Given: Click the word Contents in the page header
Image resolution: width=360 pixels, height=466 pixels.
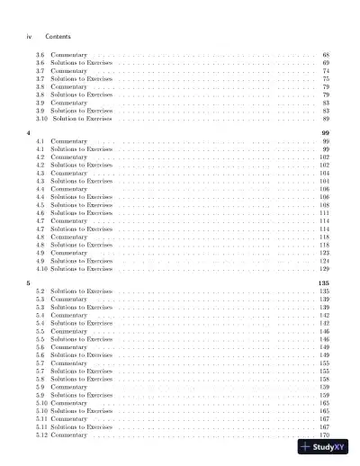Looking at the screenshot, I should coord(58,36).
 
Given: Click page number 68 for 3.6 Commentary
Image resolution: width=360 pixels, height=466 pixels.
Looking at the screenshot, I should coord(325,54).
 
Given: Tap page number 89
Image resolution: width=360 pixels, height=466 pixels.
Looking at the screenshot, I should coord(325,118).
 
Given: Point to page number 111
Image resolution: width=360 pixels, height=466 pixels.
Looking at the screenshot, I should coord(324,213).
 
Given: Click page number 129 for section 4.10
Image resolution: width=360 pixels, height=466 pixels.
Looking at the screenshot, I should coord(324,269).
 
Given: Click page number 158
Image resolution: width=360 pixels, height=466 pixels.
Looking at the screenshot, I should coord(324,379).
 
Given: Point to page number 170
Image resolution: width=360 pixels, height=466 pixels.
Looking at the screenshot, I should coord(324,435).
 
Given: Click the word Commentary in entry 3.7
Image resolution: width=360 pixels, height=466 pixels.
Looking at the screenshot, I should coord(68,70).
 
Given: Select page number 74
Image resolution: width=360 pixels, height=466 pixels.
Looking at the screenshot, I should coord(325,70).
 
